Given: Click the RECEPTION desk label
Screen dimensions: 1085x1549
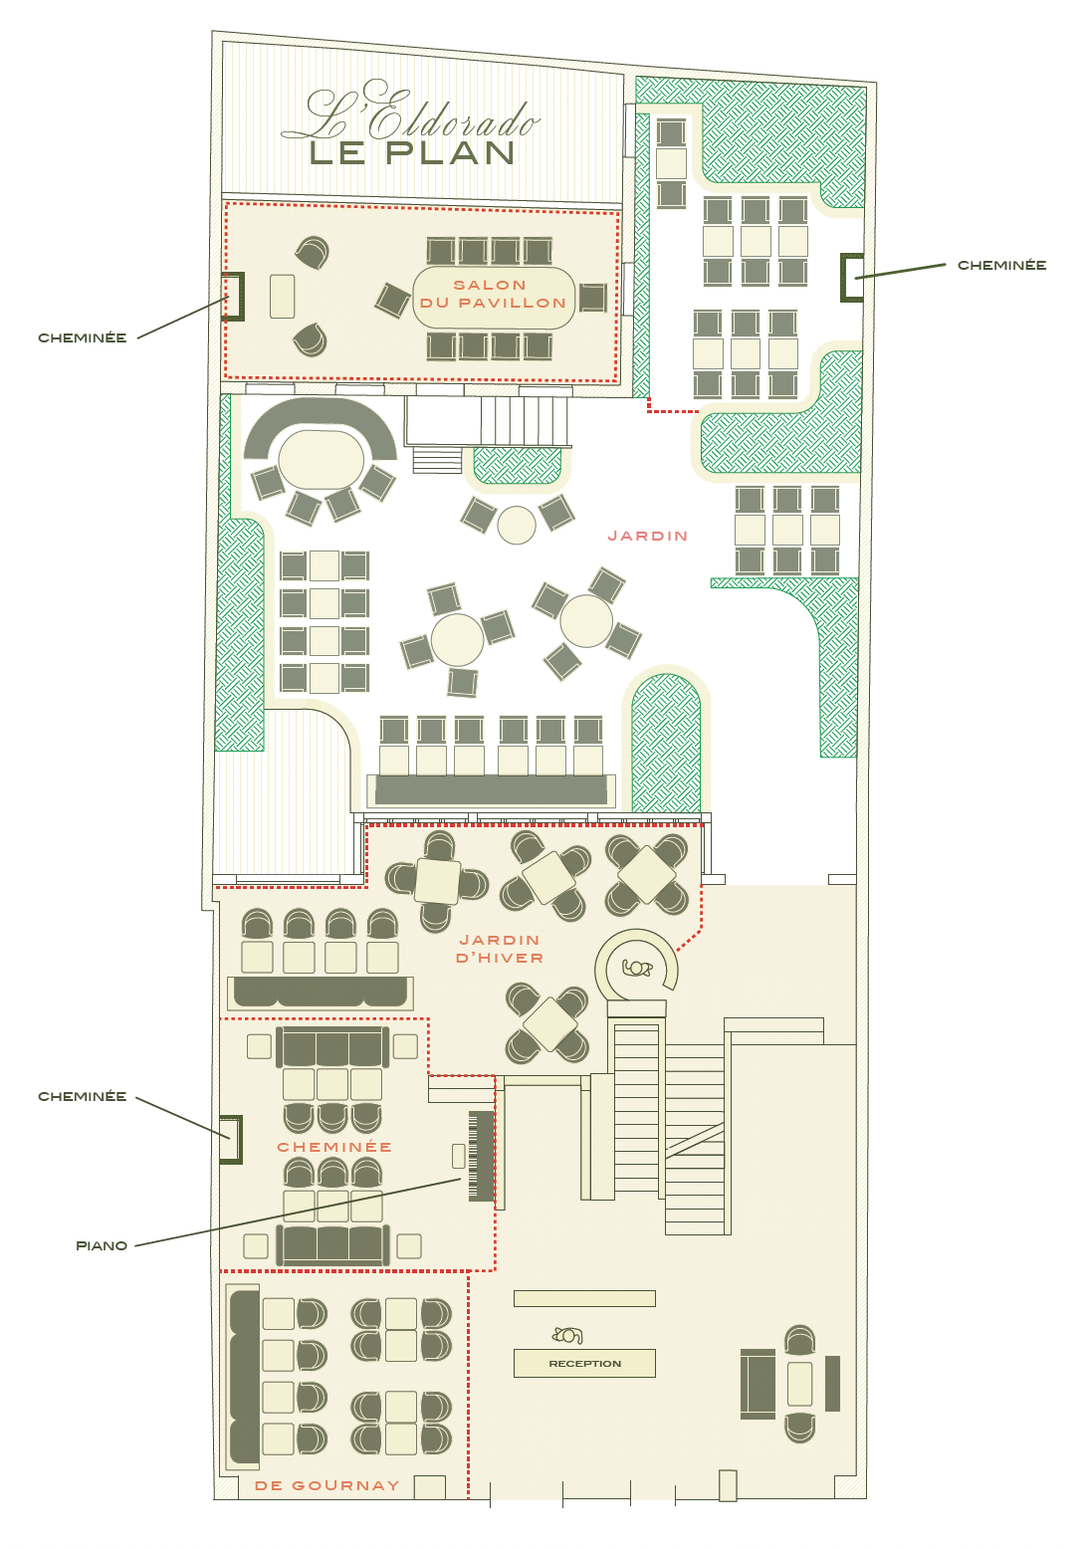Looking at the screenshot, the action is pos(584,1363).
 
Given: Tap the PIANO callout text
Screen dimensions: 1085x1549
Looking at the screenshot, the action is pos(102,1245).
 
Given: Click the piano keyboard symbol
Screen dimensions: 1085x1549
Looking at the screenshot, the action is pos(482,1156).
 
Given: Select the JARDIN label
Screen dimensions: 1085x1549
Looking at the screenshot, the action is pos(647,536).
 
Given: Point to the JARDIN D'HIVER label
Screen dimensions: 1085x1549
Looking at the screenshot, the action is pos(500,949).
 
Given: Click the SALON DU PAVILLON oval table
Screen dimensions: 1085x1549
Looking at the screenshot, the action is pos(494,298).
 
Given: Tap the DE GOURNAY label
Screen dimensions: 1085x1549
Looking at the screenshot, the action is pos(327,1485).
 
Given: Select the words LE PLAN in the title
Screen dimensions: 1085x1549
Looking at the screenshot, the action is pos(412,153).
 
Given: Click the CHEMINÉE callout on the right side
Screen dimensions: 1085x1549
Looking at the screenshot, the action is pos(1001,265).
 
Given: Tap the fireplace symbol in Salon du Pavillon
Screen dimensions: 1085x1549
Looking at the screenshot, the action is pos(234,297).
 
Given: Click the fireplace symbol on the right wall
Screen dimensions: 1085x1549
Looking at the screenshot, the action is pos(851,278).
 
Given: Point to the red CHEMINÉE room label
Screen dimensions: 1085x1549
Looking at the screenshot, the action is pos(334,1147).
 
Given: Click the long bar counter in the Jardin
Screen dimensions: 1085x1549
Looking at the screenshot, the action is pos(491,789).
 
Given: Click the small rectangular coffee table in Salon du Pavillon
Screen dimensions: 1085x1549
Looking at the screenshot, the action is pos(282,297).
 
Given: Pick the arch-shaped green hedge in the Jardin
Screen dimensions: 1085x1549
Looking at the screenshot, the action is pos(665,743).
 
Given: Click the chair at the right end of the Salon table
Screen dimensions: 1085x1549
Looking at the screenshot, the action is pos(592,298).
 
